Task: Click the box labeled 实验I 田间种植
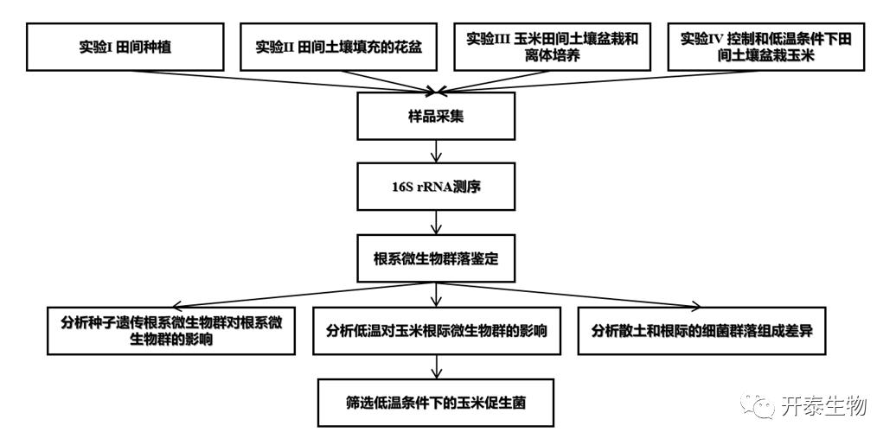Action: [125, 47]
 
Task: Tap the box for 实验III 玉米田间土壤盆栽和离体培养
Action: [553, 47]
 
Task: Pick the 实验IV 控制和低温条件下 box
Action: [767, 47]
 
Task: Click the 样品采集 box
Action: [436, 116]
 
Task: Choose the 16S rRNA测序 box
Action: [436, 185]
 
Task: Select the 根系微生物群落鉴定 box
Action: [436, 258]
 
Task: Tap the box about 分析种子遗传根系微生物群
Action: [172, 330]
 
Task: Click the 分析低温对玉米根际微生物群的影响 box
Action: [436, 330]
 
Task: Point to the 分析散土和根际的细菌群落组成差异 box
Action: [701, 330]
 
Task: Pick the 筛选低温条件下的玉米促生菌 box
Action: [436, 402]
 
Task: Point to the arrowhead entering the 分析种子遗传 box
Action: [176, 304]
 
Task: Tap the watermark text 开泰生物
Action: [822, 405]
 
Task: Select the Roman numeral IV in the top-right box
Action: [715, 40]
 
